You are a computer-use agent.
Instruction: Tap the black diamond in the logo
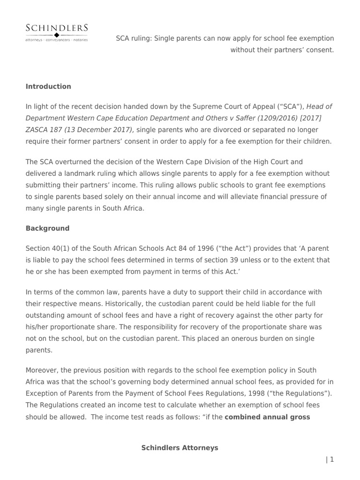[x=57, y=35]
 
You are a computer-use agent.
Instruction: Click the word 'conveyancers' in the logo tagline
[x=56, y=40]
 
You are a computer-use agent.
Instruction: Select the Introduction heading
[x=48, y=86]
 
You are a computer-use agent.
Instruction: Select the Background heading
[x=47, y=228]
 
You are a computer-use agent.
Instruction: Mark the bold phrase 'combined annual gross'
[x=267, y=417]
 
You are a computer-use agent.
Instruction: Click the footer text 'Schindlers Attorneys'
[x=180, y=448]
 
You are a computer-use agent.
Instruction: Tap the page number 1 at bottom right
[x=332, y=459]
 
